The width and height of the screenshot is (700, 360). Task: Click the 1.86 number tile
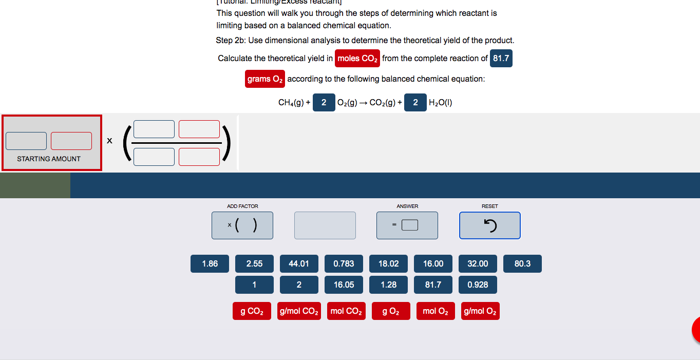(x=210, y=264)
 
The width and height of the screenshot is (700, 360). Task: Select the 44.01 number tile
(x=299, y=264)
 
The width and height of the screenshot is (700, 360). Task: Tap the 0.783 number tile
(x=344, y=264)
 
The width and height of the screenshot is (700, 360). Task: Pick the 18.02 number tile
(x=388, y=264)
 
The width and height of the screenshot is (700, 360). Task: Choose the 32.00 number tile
(x=478, y=264)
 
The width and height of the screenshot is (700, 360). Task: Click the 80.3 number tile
(x=522, y=264)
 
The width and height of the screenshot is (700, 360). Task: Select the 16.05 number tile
(x=344, y=285)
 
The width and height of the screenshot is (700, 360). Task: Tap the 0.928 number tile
(x=478, y=285)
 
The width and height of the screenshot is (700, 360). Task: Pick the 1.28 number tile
(x=388, y=285)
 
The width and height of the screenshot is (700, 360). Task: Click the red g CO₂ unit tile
(x=252, y=311)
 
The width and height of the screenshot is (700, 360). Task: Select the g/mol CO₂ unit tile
(x=299, y=311)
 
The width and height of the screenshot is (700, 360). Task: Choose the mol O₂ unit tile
(x=436, y=311)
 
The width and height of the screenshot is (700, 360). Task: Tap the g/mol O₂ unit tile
(x=480, y=311)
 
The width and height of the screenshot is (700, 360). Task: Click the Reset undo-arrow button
(x=489, y=225)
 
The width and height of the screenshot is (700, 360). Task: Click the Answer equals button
(x=407, y=225)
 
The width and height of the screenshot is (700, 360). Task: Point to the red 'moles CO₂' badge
(x=357, y=59)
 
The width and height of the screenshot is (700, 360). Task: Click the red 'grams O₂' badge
(x=265, y=79)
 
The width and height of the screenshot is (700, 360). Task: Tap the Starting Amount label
(x=49, y=159)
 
